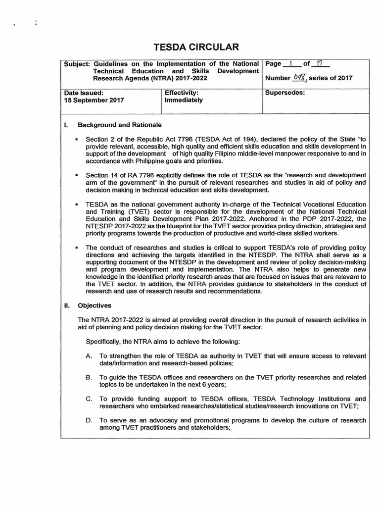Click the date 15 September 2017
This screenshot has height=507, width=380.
pos(95,100)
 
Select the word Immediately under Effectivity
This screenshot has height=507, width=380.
pos(184,100)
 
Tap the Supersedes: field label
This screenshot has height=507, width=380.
pos(285,92)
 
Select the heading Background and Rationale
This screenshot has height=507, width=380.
pos(120,124)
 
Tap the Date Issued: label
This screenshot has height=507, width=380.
pos(84,92)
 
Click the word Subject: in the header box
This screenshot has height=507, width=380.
pos(77,64)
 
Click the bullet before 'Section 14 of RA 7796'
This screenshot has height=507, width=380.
pos(77,176)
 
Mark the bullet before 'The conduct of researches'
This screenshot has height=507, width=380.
pos(77,247)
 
